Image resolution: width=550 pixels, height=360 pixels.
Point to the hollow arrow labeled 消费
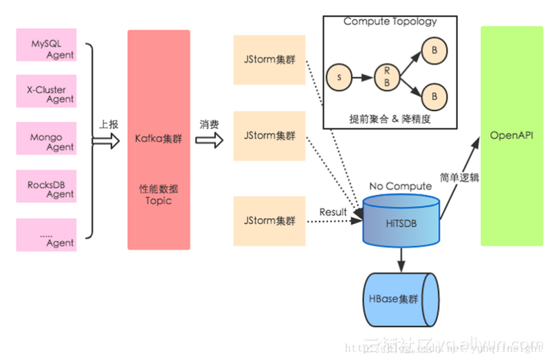(x=209, y=140)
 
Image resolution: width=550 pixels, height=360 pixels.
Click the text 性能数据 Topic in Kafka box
(x=158, y=194)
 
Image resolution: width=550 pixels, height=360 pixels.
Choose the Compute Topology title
(x=390, y=21)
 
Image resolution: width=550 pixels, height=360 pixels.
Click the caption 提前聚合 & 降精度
(x=390, y=117)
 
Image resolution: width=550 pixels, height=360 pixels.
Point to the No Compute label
(x=400, y=185)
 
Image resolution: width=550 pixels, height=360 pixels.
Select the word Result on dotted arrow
(x=333, y=212)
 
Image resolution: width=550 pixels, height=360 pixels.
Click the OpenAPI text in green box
(x=511, y=135)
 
